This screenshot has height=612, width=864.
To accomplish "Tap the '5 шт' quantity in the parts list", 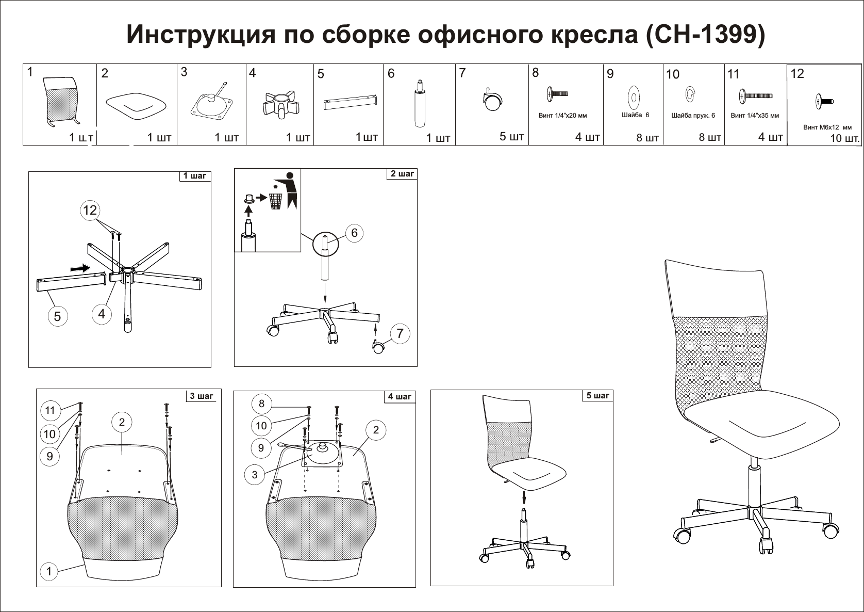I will (x=511, y=137).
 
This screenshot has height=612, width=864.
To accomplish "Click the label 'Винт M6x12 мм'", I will (x=827, y=127).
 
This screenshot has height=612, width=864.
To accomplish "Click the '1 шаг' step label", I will (x=194, y=176).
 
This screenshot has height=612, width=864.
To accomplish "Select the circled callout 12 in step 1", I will (x=90, y=210).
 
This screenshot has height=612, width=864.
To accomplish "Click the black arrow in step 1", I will (x=79, y=268).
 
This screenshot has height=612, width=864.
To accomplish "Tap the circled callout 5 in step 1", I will (x=57, y=316).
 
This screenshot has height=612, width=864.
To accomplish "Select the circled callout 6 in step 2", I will (x=354, y=233).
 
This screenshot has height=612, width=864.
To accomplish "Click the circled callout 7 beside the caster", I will (x=400, y=333).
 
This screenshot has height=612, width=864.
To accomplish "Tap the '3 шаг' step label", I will (x=201, y=396).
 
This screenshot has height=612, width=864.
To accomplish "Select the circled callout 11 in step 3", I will (x=50, y=410).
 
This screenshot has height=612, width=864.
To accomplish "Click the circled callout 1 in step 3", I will (x=49, y=571).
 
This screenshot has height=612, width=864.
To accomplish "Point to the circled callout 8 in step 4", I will (x=261, y=404).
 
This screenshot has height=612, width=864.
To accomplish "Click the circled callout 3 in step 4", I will (x=254, y=475).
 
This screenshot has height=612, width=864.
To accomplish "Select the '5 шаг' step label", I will (x=597, y=396).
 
